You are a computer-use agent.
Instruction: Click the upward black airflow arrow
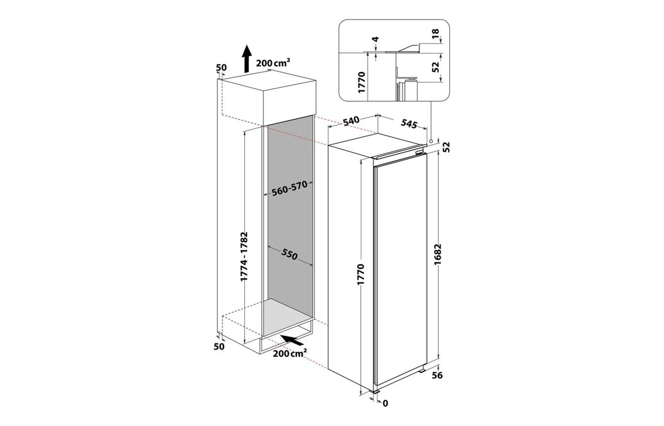pos(246,59)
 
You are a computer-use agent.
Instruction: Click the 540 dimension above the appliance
pos(351,121)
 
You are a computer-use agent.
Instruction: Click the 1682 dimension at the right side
pos(438,254)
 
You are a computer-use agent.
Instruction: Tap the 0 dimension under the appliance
pos(385,404)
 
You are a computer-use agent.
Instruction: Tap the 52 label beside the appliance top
pos(446,147)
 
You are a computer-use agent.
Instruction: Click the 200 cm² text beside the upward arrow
pos(273,63)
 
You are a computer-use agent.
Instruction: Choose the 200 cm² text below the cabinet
pos(290,353)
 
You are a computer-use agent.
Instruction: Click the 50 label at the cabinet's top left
pos(222,67)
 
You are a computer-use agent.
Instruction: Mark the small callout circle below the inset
pos(430,141)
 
